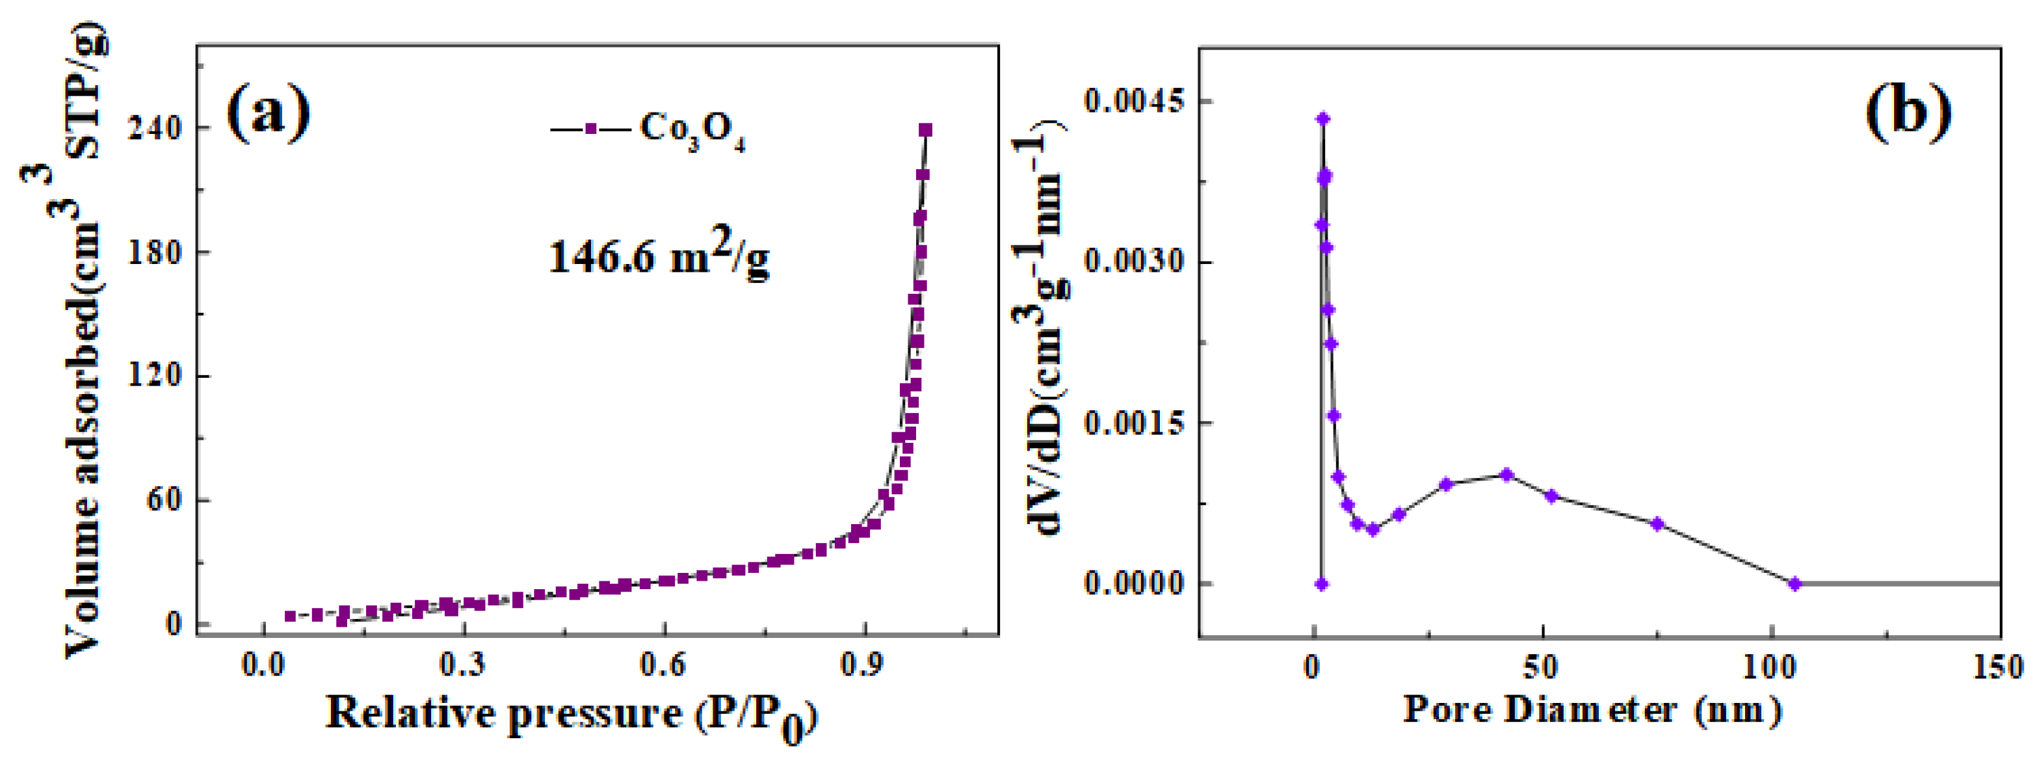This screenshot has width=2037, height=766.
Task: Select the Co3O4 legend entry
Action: point(648,129)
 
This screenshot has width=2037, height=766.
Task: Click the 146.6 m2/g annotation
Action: point(659,256)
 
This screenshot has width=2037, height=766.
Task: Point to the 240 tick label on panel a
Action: point(155,128)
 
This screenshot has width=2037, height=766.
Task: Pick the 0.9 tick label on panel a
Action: point(864,666)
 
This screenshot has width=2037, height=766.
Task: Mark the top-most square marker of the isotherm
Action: point(925,129)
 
